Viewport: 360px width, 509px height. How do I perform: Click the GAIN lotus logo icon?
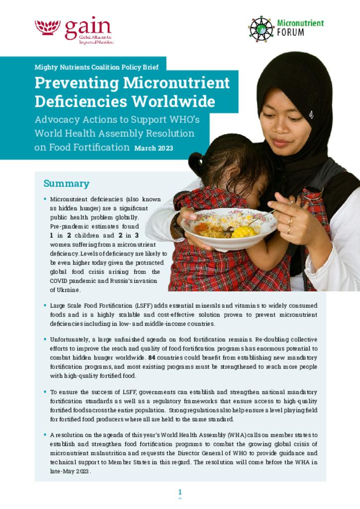(48, 27)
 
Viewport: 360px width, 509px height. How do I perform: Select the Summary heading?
(66, 183)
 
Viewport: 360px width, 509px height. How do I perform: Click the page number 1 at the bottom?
(180, 492)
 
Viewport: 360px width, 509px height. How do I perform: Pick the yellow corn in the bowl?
(243, 231)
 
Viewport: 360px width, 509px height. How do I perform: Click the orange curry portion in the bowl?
(202, 229)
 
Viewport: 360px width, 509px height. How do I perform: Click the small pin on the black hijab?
(311, 115)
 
